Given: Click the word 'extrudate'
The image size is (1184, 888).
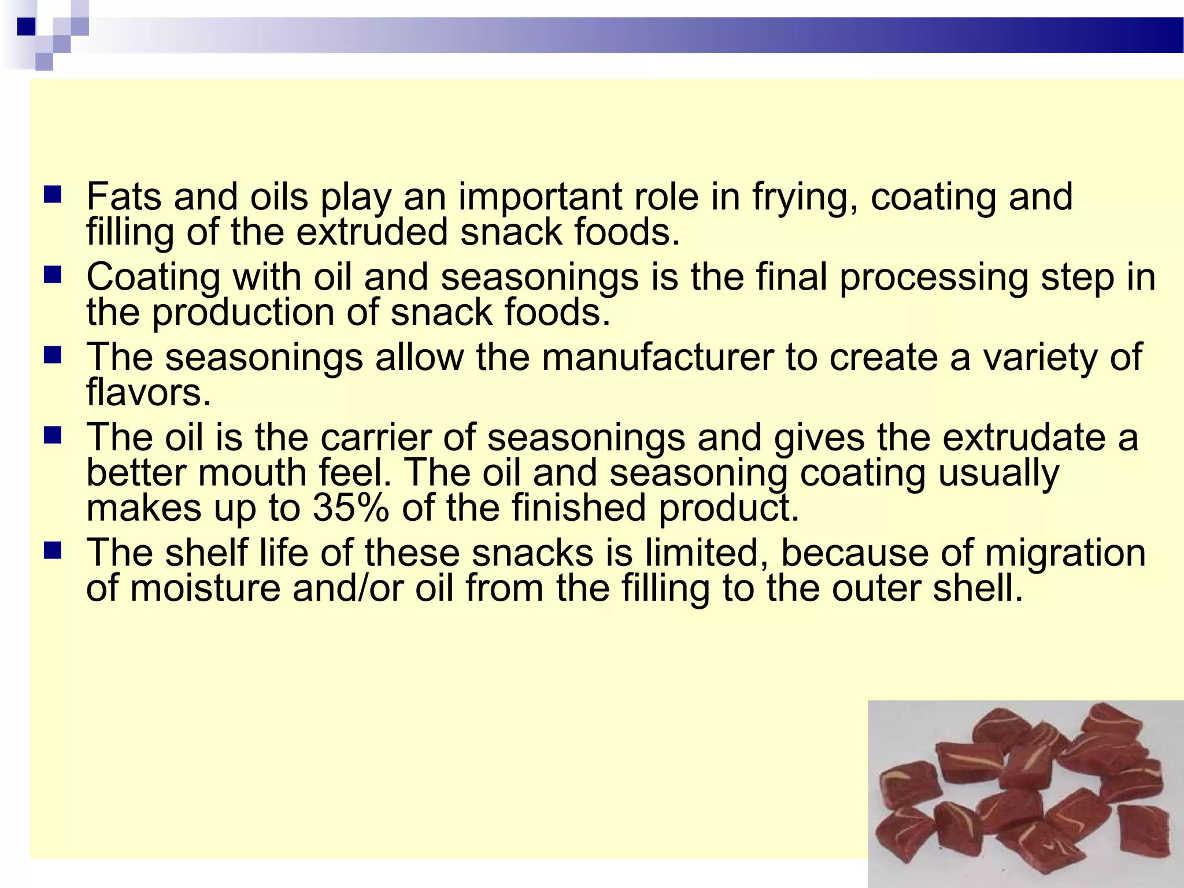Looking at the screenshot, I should pos(1024,437).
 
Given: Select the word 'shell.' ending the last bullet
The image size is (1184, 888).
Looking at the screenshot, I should pos(978,589).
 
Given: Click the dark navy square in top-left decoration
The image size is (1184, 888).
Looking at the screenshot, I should pos(26,27).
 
